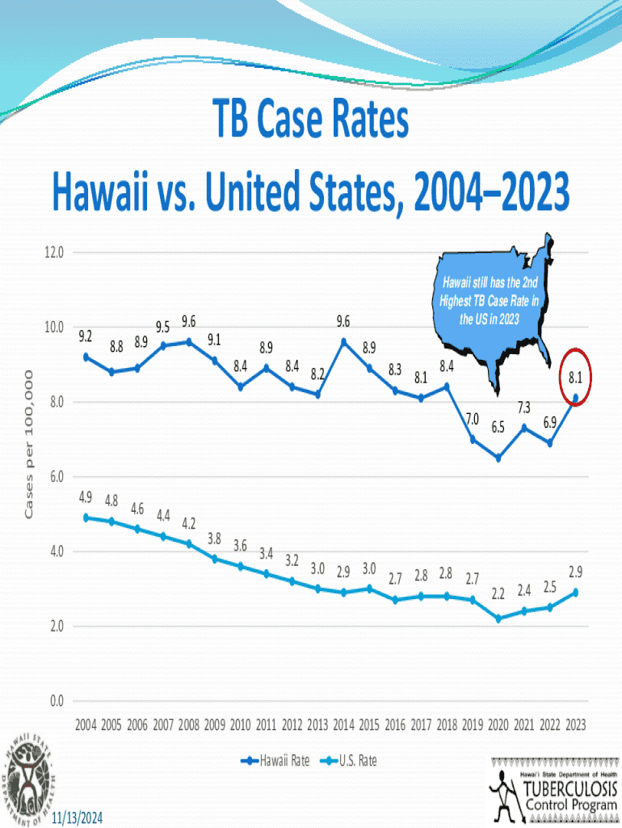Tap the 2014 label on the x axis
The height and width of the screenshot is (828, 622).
pyautogui.click(x=343, y=724)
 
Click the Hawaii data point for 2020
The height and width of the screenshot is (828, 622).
pyautogui.click(x=498, y=458)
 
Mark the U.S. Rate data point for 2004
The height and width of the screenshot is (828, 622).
pyautogui.click(x=86, y=517)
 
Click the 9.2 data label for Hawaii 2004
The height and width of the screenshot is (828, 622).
pyautogui.click(x=86, y=335)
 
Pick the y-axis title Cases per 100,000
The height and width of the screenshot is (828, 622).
pyautogui.click(x=29, y=446)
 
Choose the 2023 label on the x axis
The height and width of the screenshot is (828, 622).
pyautogui.click(x=575, y=724)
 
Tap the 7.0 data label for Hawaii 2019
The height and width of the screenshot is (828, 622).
pyautogui.click(x=473, y=419)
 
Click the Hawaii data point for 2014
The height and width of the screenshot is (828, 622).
pyautogui.click(x=343, y=341)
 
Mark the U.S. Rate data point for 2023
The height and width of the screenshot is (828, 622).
pyautogui.click(x=575, y=593)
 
